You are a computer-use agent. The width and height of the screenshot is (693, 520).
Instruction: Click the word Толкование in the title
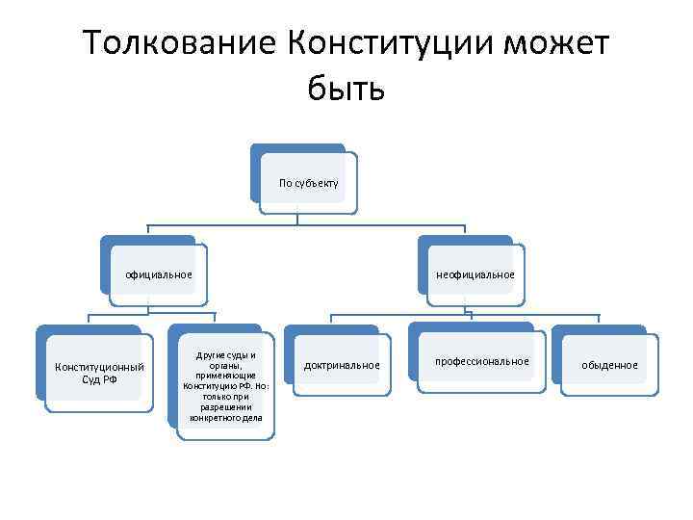pos(179,44)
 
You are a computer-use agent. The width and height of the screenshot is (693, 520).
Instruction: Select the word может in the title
pos(555,44)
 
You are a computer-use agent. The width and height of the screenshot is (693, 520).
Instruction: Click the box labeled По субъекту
pos(308,182)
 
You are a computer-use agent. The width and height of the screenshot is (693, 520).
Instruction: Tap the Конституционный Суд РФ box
pos(100,372)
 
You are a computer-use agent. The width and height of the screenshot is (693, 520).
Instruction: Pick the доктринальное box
pos(342,365)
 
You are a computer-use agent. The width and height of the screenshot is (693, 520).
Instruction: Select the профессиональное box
pos(481,361)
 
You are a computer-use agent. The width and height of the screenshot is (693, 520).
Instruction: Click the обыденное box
pos(608,365)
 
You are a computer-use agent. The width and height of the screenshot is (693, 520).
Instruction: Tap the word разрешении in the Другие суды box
pos(226,407)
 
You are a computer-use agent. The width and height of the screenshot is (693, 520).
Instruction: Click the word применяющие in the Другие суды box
pos(226,376)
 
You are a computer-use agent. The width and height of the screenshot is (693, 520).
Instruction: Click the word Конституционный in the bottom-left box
pos(100,366)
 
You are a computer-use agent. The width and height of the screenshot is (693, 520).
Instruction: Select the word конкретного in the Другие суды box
pos(215,418)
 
